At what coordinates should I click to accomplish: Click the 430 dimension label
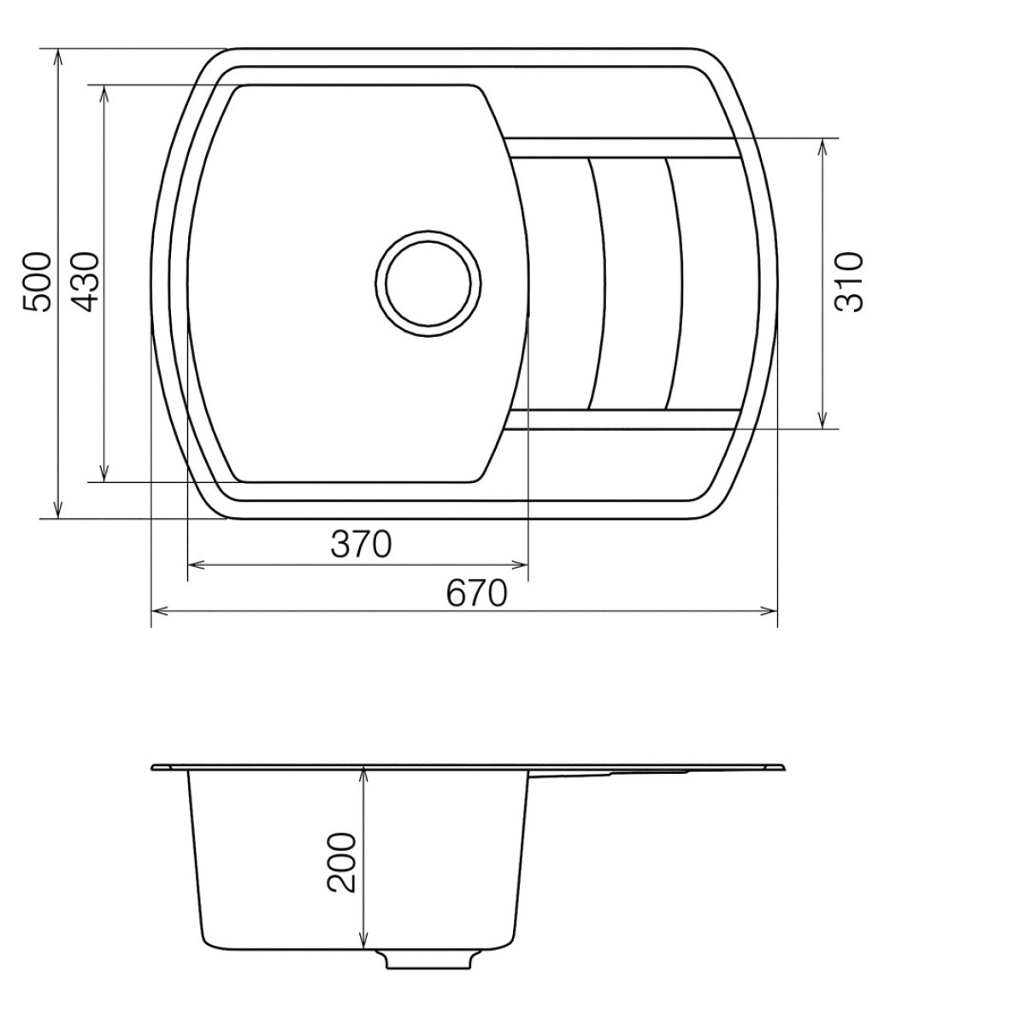[85, 282]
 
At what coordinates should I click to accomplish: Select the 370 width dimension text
[361, 545]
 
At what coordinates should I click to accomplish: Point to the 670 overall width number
[477, 593]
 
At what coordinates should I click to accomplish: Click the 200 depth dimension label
[343, 862]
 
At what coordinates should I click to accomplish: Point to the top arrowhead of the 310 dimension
[823, 146]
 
